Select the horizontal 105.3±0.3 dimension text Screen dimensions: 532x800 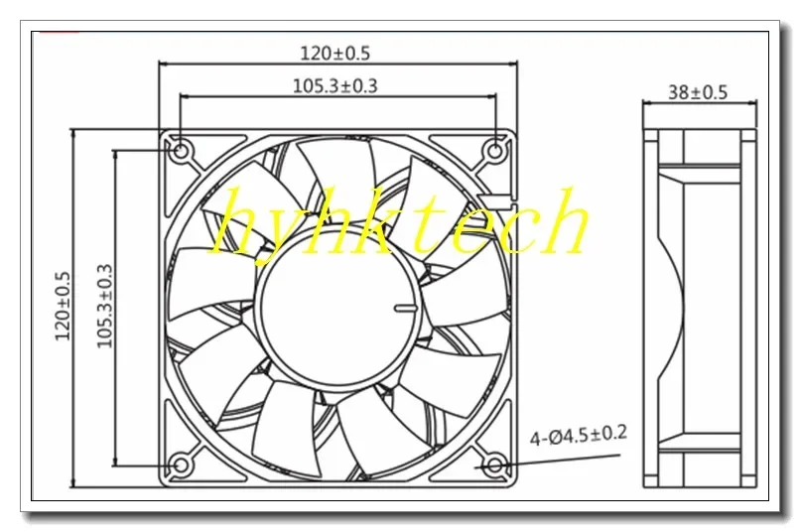point(334,85)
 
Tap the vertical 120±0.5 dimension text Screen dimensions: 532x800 point(64,307)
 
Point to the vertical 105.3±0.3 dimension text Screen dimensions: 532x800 point(102,307)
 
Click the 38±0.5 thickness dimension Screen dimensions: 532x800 point(697,92)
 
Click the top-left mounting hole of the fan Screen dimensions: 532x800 point(180,150)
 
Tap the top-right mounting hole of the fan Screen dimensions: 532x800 point(496,150)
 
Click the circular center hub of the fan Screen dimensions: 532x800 point(338,308)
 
